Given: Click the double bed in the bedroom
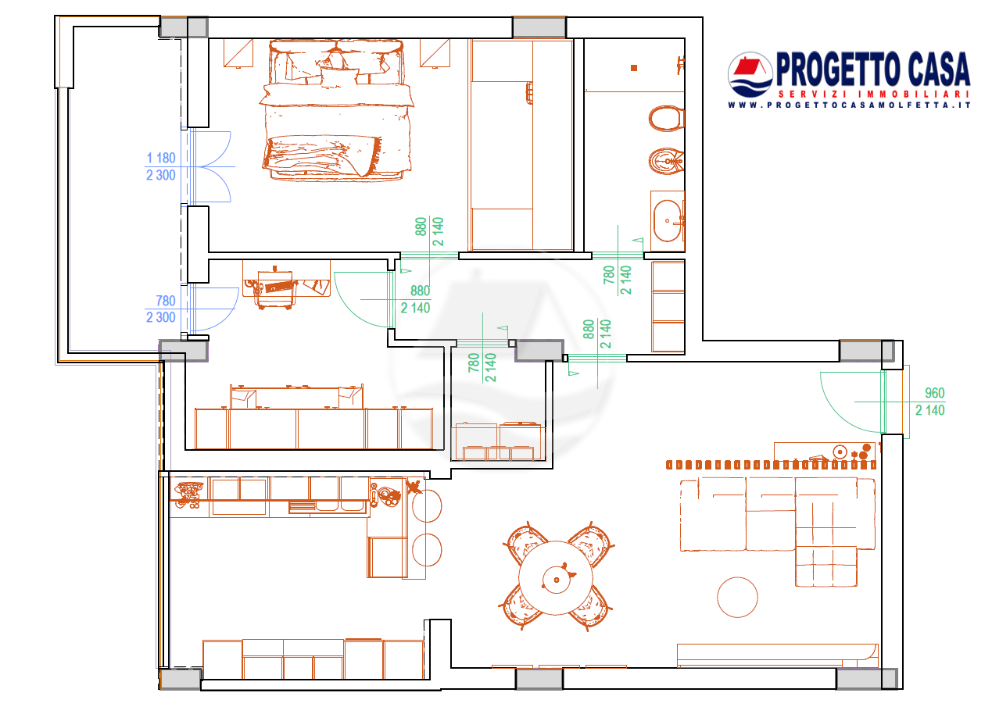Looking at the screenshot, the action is tap(337, 110).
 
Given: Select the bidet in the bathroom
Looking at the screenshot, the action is tap(666, 162).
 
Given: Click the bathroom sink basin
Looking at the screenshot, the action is tap(668, 220).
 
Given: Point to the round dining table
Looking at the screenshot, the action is tap(556, 578).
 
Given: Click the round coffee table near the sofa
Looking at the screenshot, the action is tap(737, 597).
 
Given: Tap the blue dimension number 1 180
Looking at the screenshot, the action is tap(161, 158).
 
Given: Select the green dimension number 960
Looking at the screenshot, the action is tap(934, 393).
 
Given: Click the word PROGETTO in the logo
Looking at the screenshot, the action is tap(837, 69).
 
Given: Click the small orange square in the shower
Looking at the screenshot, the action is tap(634, 68).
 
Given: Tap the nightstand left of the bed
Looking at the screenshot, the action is tap(238, 53).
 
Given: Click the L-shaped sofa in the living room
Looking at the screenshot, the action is tap(778, 531).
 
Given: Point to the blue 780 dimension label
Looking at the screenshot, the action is tap(166, 301).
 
